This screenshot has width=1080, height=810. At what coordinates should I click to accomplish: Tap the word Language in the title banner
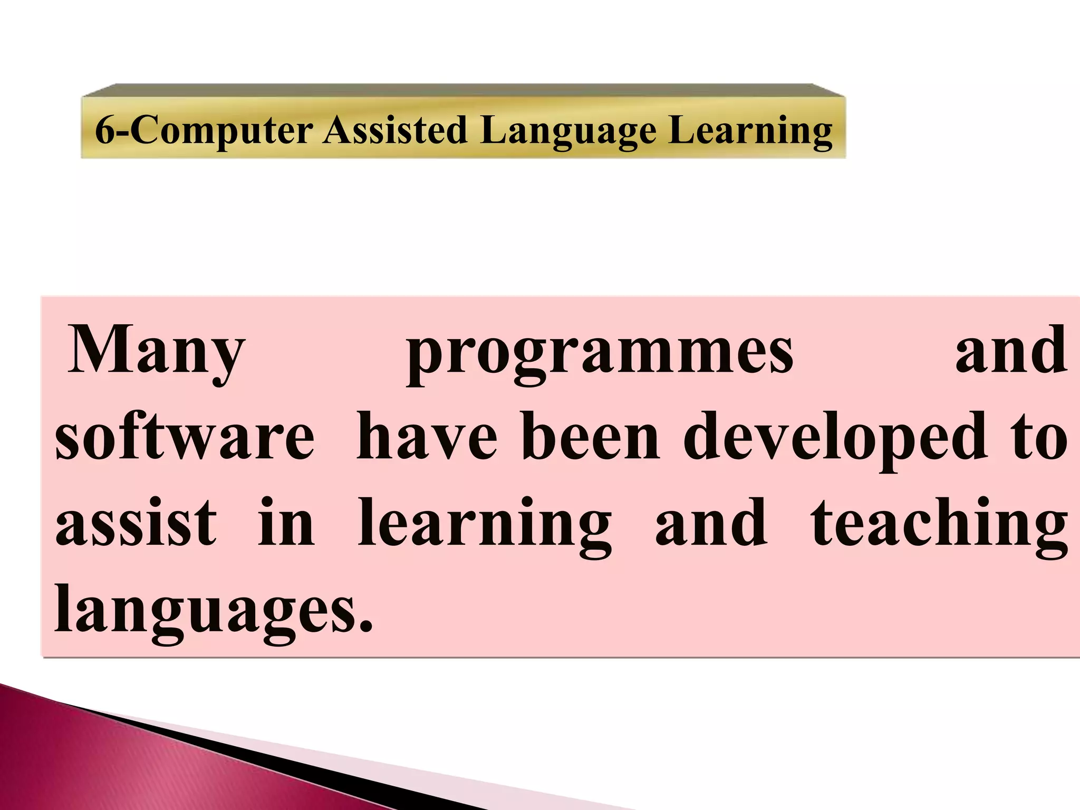568,130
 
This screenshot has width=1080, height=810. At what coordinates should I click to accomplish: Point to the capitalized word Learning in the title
750,130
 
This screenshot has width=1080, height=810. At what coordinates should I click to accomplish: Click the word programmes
600,353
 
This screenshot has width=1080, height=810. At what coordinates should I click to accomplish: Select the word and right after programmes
1011,351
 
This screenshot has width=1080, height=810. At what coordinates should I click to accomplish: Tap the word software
185,438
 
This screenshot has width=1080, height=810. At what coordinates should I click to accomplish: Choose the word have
427,438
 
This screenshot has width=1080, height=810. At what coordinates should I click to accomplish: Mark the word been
591,438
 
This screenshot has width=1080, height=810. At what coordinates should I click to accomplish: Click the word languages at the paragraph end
206,612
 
